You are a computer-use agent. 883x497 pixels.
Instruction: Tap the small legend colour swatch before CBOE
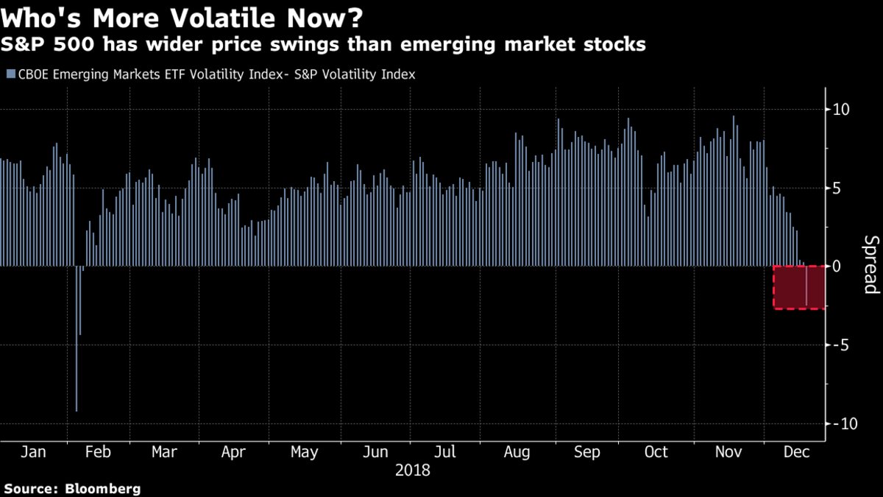click(x=8, y=74)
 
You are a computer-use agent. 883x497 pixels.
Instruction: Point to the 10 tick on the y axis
click(x=840, y=110)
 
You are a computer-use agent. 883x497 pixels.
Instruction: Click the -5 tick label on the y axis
click(x=840, y=345)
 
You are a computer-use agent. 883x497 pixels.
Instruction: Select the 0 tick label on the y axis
click(x=837, y=266)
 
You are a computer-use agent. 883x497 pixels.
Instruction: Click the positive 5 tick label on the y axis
click(x=837, y=188)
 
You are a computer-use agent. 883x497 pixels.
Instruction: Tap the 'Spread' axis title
click(x=870, y=265)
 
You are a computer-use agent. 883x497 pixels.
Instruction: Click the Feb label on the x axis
click(x=97, y=452)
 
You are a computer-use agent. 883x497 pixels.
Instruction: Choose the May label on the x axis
click(x=305, y=452)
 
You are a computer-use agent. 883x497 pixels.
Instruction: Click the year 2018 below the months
click(x=414, y=470)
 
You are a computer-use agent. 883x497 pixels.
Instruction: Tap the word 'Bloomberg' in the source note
click(x=103, y=489)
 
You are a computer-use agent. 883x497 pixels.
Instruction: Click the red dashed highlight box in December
click(x=798, y=287)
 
